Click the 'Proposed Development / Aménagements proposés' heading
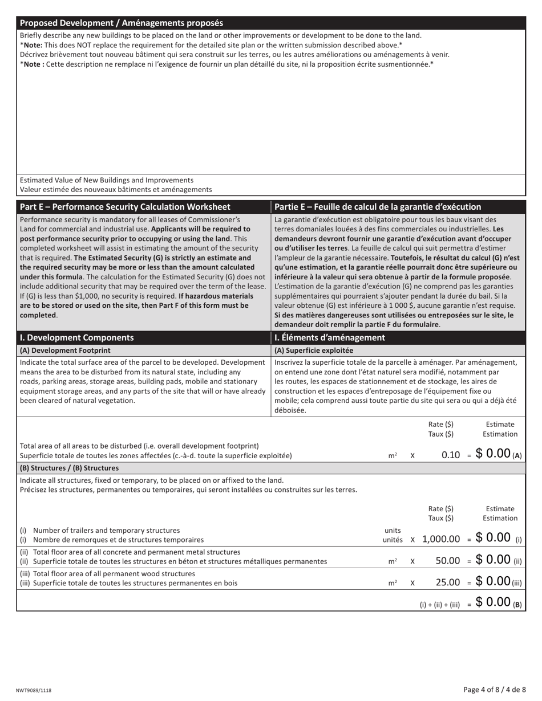(x=122, y=23)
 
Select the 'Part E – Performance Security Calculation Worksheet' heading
(x=125, y=207)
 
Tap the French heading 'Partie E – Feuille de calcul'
(x=377, y=207)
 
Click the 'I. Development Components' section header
(x=77, y=337)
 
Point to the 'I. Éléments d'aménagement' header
(x=330, y=337)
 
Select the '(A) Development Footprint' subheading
(x=65, y=350)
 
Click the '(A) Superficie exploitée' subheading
(x=314, y=350)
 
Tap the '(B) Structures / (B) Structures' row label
(x=69, y=468)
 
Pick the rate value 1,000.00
(x=441, y=539)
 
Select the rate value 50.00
(x=447, y=561)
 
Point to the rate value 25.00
(x=447, y=583)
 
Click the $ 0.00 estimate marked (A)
(x=493, y=454)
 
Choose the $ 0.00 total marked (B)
(x=493, y=602)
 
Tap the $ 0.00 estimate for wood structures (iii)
(x=493, y=582)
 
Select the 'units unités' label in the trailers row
(x=393, y=535)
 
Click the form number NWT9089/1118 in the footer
(x=34, y=690)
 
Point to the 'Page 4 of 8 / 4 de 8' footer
(x=495, y=690)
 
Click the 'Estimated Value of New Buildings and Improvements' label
(x=107, y=180)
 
